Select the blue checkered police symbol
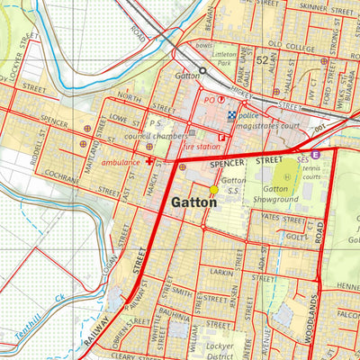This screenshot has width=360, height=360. pos(231,114)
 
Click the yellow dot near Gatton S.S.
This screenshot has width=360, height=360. pos(213,190)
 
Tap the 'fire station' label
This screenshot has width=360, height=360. pos(202,145)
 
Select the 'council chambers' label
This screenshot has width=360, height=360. pos(148,137)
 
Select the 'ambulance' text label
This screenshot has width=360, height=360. pos(121,163)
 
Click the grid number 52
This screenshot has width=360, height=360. pos(262,60)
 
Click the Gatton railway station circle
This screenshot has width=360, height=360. pos(202,69)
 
